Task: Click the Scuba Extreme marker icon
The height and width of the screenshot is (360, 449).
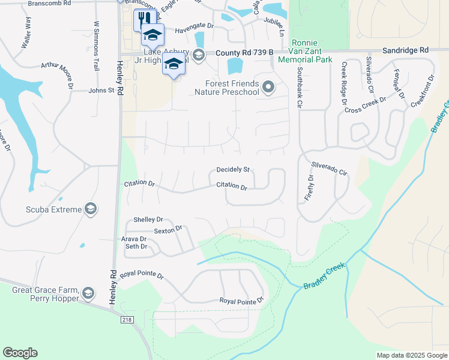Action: pyautogui.click(x=91, y=209)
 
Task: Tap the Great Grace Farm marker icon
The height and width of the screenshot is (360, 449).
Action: pyautogui.click(x=88, y=293)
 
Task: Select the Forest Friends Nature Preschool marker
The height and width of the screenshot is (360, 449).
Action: pyautogui.click(x=268, y=88)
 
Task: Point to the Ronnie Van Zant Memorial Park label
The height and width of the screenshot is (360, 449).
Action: pyautogui.click(x=312, y=51)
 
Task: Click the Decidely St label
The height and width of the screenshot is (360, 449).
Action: pyautogui.click(x=233, y=170)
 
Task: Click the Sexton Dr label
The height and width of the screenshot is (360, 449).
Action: pyautogui.click(x=167, y=230)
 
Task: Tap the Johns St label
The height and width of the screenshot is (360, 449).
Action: pyautogui.click(x=101, y=91)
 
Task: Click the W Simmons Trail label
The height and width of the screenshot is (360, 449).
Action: pyautogui.click(x=95, y=46)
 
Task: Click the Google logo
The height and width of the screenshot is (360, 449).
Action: pyautogui.click(x=20, y=353)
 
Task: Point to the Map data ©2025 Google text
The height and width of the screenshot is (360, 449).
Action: pyautogui.click(x=411, y=355)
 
